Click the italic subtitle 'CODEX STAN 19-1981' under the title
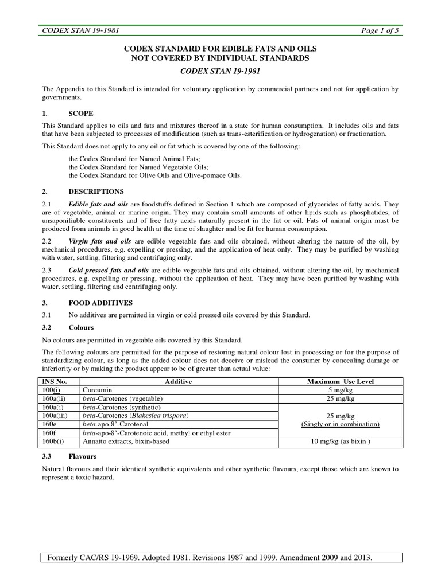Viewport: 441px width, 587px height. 220,72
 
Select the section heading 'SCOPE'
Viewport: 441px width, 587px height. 81,114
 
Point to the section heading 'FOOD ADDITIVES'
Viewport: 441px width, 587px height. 101,302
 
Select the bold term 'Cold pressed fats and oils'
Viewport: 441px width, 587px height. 109,269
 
